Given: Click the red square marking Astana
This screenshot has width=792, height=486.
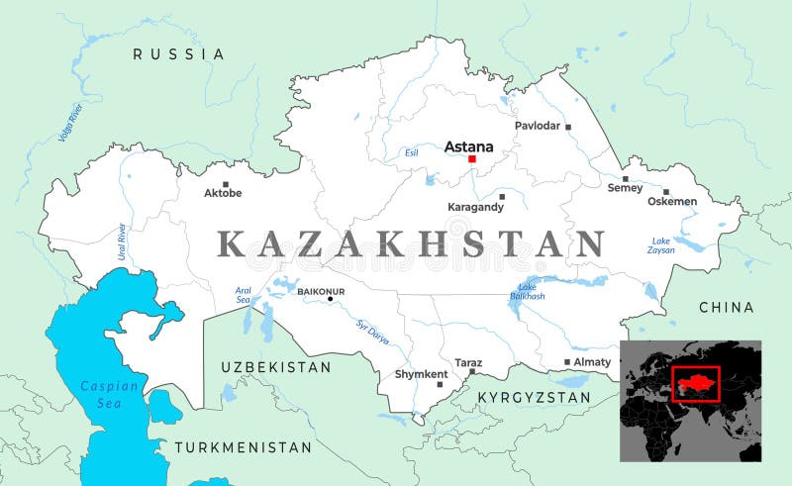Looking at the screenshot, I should (x=472, y=158).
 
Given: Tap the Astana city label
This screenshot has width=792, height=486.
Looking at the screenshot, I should (x=468, y=146).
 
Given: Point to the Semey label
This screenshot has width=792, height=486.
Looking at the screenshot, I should (x=625, y=188).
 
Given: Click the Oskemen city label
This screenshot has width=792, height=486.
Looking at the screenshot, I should (x=672, y=201).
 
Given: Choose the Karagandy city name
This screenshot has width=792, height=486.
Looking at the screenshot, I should (x=475, y=207).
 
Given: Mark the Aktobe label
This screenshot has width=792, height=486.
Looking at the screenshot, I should (x=222, y=193).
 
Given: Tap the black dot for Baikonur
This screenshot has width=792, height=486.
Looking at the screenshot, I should (x=331, y=298).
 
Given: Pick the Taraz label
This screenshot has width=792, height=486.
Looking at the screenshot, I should (x=468, y=362).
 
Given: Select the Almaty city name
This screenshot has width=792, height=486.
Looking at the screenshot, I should (x=592, y=362).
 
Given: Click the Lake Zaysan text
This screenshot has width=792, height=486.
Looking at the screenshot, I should (x=661, y=245).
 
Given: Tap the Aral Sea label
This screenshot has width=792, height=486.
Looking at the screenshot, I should (x=244, y=294).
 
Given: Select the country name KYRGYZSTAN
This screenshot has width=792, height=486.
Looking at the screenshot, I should (x=534, y=397).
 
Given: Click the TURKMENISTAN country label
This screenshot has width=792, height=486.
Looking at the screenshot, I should (x=244, y=447).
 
